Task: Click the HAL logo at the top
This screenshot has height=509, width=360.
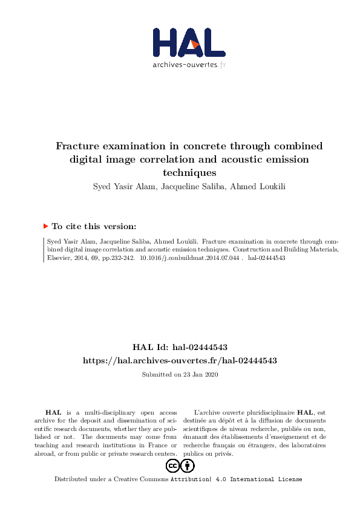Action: point(188,44)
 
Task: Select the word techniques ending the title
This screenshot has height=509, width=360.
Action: point(189,172)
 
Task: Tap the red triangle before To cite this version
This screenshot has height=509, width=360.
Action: point(45,226)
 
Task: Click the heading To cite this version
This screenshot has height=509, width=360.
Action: point(94,226)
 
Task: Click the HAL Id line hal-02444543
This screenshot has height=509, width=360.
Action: point(180,347)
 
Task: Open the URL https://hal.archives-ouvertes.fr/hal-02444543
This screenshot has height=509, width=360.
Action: point(180,360)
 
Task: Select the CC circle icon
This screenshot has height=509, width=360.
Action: point(172,465)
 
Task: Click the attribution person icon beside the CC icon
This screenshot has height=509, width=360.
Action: point(188,465)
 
